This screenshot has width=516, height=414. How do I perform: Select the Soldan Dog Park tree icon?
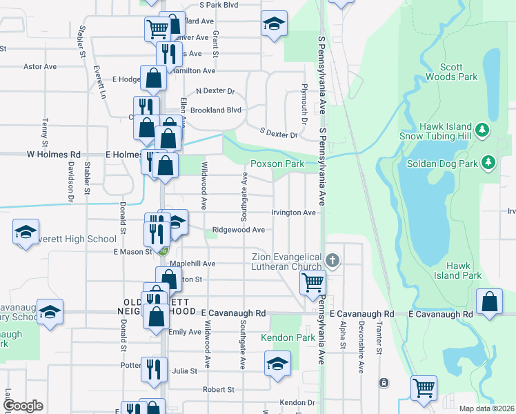489,162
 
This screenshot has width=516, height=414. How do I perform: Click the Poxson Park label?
277,164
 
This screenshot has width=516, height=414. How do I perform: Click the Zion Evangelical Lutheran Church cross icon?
333,260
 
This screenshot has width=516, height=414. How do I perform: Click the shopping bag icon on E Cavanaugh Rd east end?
489,302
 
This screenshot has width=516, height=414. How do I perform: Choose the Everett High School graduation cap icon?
26,233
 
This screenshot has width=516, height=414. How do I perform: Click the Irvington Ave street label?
293,213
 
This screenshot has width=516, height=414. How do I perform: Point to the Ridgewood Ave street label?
238,230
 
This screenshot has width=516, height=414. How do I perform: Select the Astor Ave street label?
40,67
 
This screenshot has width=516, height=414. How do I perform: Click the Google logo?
23,406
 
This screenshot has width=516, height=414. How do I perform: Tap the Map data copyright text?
486,408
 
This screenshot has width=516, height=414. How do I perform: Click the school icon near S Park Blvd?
274,24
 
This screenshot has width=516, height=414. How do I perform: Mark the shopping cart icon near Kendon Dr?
424,387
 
